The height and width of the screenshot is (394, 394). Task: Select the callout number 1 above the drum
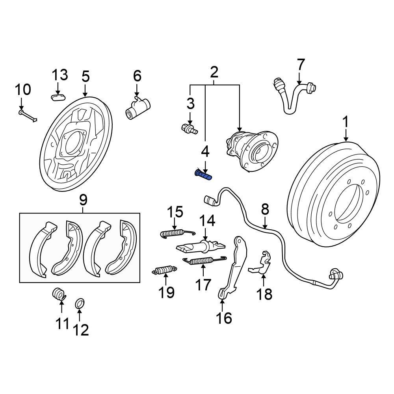point(346,123)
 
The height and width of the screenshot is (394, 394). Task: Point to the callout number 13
point(60,75)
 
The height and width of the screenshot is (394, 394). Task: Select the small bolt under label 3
point(190,128)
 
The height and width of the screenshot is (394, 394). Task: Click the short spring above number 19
point(163,270)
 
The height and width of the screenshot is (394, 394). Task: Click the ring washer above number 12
point(80,304)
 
